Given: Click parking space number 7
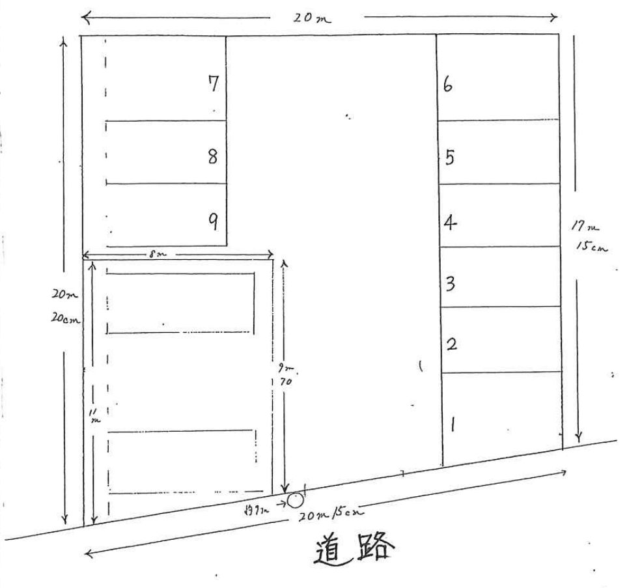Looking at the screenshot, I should click(x=213, y=85).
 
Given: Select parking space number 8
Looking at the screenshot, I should click(x=212, y=157).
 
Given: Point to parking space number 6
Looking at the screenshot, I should click(x=448, y=85).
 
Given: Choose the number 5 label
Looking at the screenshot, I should click(x=449, y=158).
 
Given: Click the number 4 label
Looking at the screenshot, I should click(x=450, y=223).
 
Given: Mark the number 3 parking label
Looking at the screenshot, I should click(x=450, y=284).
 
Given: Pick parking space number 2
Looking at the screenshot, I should click(x=451, y=344).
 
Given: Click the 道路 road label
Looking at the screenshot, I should click(x=354, y=548).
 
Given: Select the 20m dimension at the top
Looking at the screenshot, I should click(x=311, y=18).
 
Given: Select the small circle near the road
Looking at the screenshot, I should click(x=295, y=500).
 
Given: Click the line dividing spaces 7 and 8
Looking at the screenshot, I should click(x=166, y=120).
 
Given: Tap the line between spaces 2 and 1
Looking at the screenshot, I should click(x=501, y=372).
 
